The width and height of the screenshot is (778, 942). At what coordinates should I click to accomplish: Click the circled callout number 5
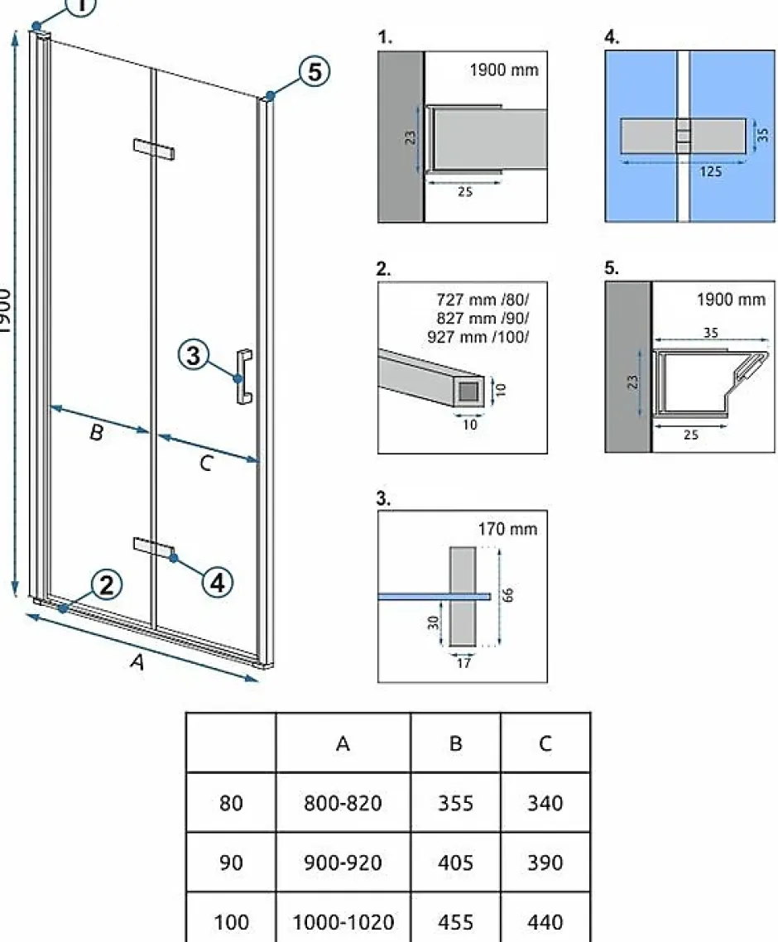315,72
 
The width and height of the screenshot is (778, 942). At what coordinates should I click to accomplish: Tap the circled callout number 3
194,354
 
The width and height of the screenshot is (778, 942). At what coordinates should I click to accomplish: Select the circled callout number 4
218,582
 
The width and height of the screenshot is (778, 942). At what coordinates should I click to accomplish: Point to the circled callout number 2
107,584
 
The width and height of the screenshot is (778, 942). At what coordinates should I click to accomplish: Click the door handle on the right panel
244,376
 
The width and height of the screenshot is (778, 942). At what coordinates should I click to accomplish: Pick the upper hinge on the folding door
154,149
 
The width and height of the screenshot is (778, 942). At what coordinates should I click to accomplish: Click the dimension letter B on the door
96,432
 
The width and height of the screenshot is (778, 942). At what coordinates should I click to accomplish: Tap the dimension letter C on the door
206,464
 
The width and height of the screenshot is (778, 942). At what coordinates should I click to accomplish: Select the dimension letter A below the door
137,661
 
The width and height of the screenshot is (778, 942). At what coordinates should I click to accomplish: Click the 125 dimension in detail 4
710,172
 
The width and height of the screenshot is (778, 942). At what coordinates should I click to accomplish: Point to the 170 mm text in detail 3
507,529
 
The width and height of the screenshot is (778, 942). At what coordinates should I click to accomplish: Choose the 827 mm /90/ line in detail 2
483,318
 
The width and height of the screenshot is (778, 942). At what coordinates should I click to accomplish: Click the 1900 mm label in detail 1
504,70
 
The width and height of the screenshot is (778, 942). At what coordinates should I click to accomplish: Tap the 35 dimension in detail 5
711,332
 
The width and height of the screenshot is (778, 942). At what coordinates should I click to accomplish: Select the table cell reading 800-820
343,803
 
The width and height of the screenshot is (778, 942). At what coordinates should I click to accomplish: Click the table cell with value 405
455,863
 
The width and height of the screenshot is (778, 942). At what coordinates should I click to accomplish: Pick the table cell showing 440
545,921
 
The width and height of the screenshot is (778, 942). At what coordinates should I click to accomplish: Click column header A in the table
343,743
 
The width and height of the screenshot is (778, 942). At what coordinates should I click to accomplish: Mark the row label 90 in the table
231,863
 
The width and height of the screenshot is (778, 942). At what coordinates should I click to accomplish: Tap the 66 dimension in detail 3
508,595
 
